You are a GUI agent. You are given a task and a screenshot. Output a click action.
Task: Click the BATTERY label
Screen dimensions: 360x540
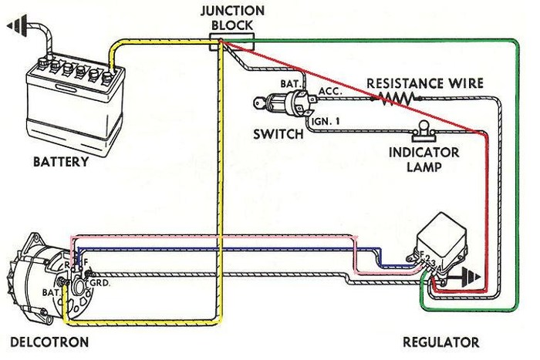click(x=61, y=163)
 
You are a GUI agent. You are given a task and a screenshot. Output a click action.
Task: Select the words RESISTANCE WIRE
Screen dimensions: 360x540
click(x=424, y=82)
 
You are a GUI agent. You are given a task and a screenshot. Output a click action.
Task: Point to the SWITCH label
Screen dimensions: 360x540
click(x=278, y=134)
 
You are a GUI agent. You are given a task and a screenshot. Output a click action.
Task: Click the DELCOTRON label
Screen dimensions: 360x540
click(x=49, y=341)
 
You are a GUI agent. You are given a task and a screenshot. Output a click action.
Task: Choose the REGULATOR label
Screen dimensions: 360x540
click(x=441, y=341)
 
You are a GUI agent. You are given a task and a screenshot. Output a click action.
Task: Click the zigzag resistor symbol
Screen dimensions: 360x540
click(x=394, y=98)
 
